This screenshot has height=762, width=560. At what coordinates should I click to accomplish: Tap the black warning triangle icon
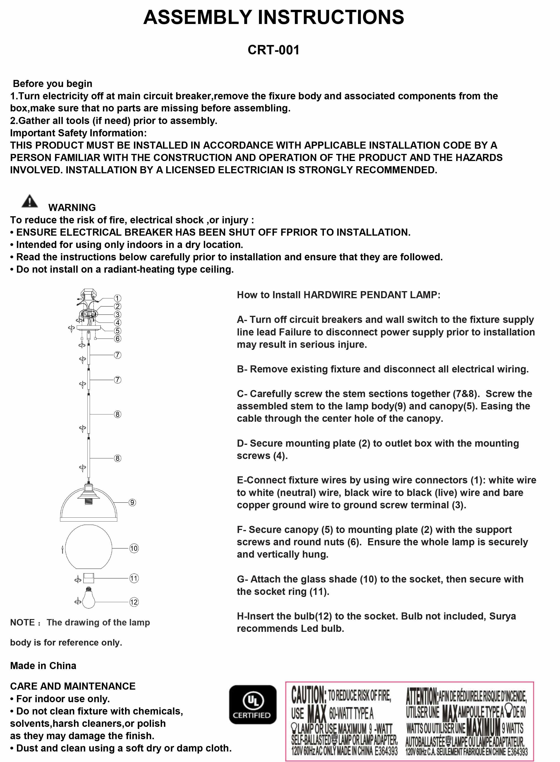point(30,201)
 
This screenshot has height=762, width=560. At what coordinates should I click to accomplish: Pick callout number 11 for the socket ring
point(134,579)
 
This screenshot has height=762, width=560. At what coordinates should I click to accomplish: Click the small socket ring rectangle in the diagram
point(89,578)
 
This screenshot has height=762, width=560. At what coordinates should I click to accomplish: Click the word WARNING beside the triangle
point(72,208)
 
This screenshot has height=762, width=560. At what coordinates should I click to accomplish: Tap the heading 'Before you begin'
point(52,84)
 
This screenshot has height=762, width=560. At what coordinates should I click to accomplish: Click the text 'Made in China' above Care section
point(43,666)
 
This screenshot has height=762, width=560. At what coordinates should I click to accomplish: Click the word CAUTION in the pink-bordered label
point(309,694)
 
